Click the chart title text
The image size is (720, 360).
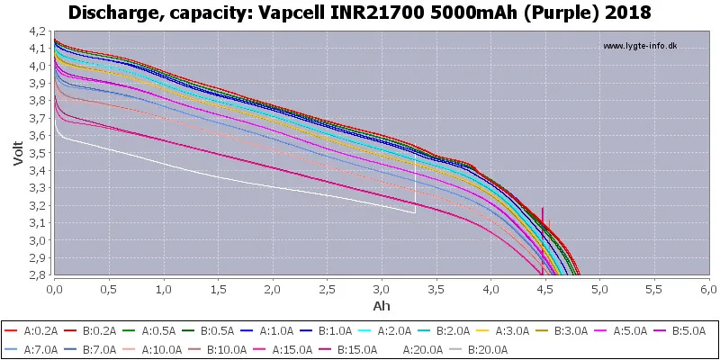click(359, 13)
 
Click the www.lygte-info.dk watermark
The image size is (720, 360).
click(640, 46)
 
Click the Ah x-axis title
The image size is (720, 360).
click(381, 307)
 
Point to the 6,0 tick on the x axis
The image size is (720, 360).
click(708, 291)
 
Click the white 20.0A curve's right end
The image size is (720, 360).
click(415, 213)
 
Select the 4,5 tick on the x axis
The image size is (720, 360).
click(544, 291)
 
